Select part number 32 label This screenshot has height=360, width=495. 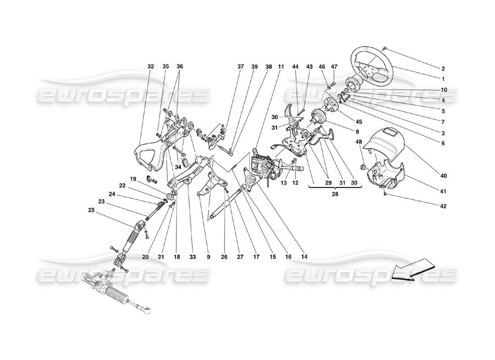click(150, 67)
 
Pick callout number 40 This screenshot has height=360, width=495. click(443, 175)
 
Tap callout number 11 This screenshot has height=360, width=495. click(281, 67)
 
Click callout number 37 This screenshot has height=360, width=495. click(241, 67)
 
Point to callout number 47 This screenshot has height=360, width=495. click(334, 67)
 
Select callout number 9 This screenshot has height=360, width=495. click(209, 257)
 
